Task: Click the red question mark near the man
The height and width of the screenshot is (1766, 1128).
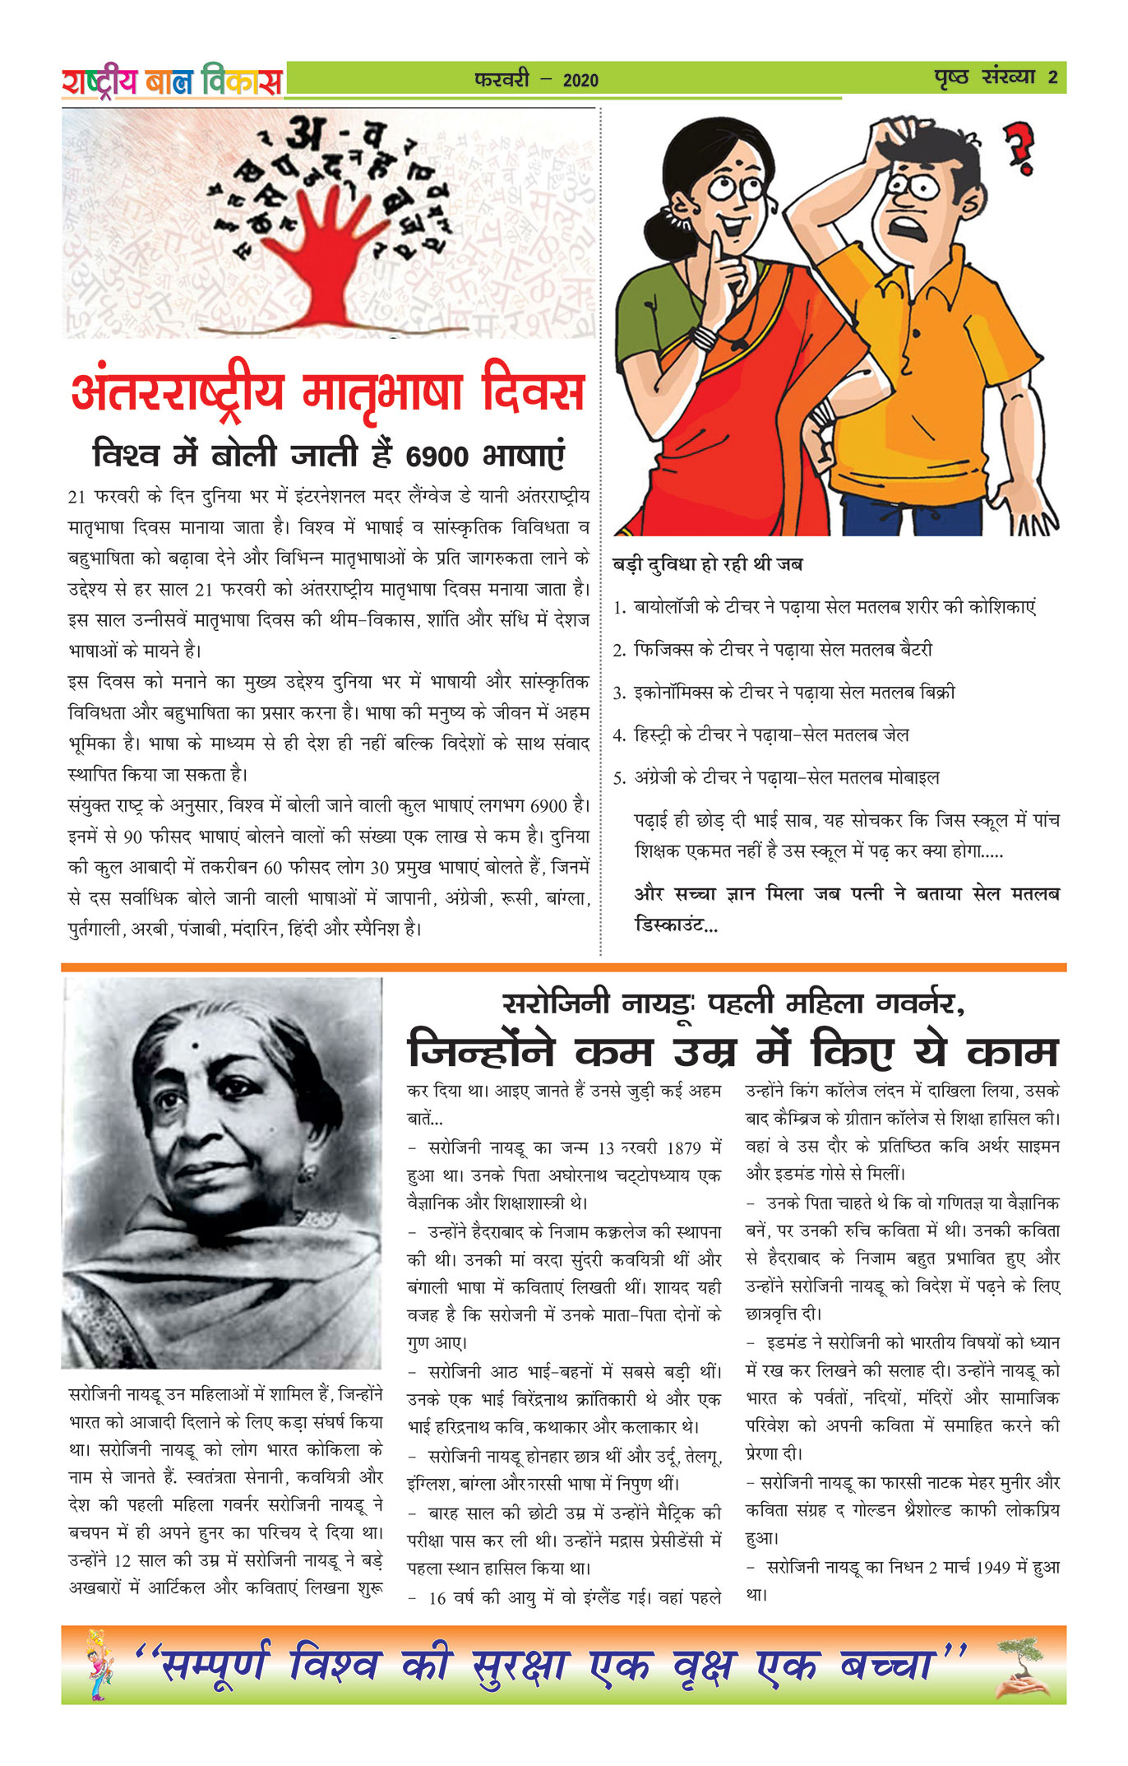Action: [1021, 148]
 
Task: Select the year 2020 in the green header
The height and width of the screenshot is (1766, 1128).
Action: [580, 81]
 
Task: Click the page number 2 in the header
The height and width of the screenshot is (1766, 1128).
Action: [1052, 78]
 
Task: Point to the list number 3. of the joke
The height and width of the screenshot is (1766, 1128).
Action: [621, 693]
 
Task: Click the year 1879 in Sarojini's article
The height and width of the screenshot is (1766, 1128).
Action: [684, 1147]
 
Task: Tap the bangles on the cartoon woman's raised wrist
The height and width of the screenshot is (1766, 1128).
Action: [704, 336]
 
